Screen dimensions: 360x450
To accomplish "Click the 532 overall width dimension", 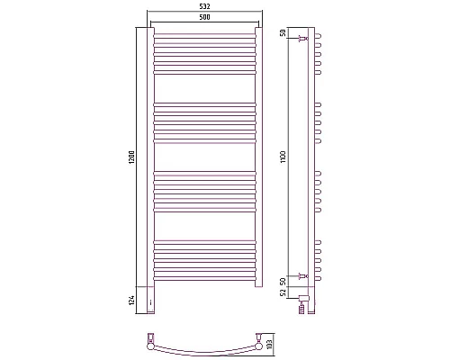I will (205, 8).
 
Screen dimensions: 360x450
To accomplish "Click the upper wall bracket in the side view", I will (304, 40).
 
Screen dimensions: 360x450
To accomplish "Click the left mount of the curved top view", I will (150, 339).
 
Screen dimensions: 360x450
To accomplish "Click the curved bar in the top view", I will (205, 349).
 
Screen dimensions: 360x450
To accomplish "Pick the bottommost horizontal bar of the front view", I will (205, 275).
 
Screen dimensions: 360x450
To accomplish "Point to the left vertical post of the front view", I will (150, 157).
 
